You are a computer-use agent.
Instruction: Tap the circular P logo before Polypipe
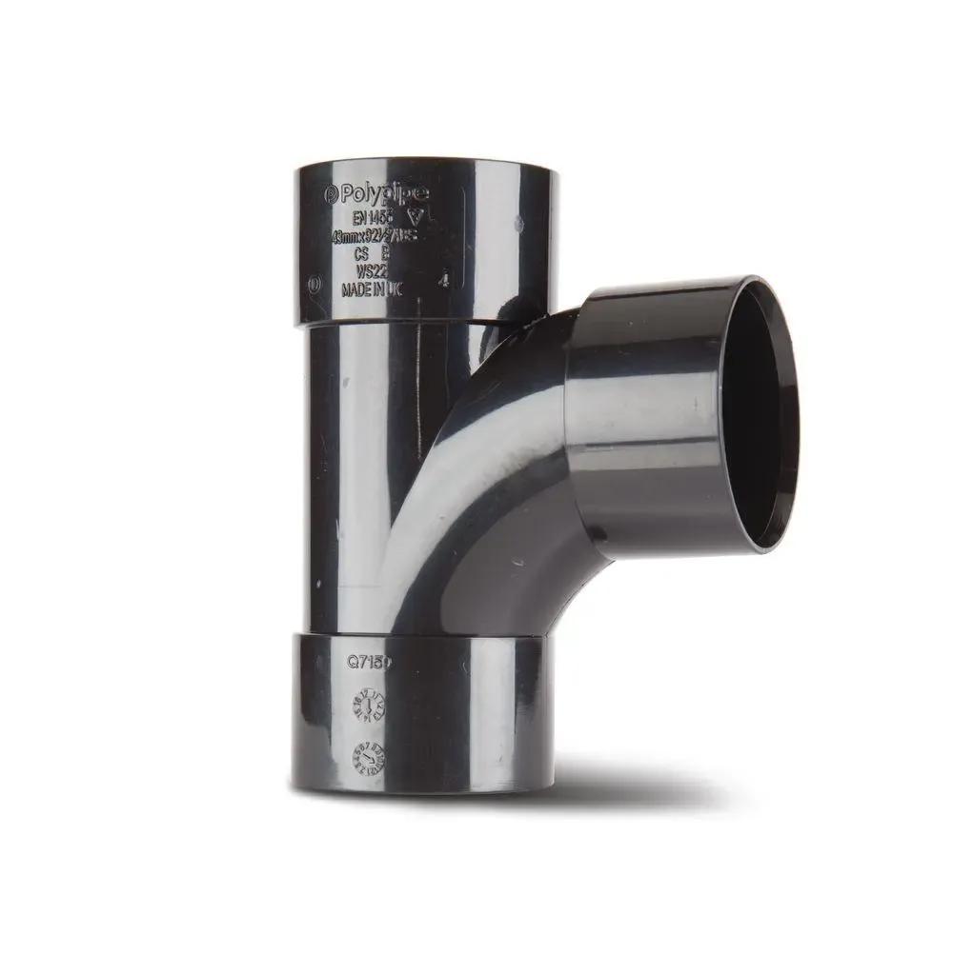tap(332, 194)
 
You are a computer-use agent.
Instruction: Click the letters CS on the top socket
tap(361, 254)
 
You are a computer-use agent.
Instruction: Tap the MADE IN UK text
tap(372, 291)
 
